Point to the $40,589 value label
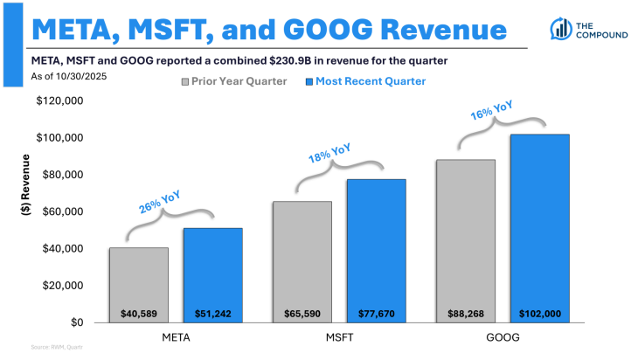pyautogui.click(x=139, y=312)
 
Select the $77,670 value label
pyautogui.click(x=376, y=312)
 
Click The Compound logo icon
pyautogui.click(x=558, y=29)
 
